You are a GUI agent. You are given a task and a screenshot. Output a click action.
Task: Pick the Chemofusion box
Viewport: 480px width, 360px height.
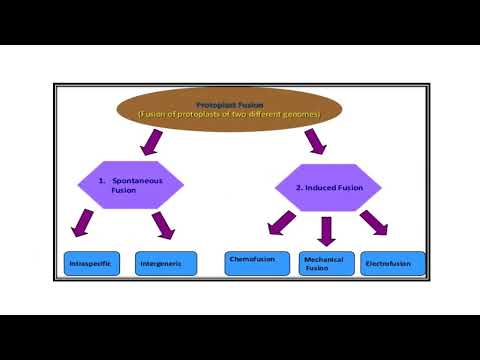click(x=257, y=262)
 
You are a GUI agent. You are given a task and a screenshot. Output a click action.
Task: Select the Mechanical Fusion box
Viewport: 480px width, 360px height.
click(x=324, y=264)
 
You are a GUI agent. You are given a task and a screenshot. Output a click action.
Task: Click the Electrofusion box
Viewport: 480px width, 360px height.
click(x=393, y=264)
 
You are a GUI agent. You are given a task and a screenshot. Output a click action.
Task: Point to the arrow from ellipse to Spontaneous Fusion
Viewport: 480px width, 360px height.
click(x=153, y=144)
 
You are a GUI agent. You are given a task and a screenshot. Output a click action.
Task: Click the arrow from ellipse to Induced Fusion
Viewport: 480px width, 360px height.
click(x=315, y=143)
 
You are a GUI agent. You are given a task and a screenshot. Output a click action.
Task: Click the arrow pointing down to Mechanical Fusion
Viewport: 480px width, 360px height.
click(x=324, y=230)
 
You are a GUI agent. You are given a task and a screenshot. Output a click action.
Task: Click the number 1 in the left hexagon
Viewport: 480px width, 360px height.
click(x=101, y=180)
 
